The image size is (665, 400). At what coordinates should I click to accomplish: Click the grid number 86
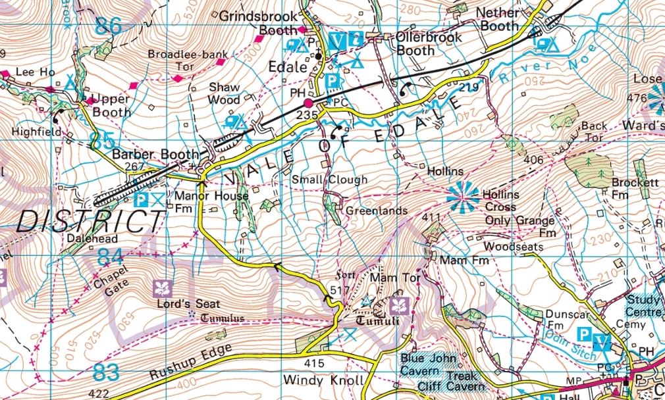(109, 26)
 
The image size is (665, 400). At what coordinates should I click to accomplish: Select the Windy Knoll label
(314, 380)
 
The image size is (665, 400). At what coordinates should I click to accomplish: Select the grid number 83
(107, 372)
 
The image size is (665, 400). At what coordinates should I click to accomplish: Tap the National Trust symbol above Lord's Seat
(161, 288)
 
